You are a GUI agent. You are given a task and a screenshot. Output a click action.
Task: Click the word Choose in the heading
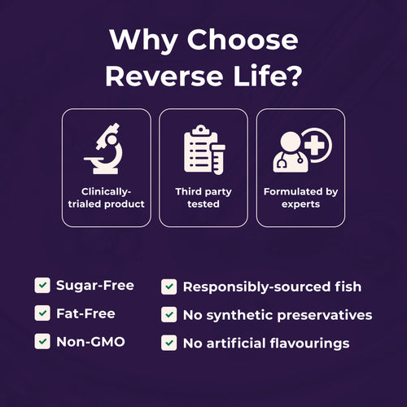243,40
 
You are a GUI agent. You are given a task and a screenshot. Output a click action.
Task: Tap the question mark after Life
294,75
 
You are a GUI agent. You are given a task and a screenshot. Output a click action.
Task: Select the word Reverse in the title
164,76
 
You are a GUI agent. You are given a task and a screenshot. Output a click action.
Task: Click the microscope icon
104,149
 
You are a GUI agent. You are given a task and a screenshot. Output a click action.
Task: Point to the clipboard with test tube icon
204,150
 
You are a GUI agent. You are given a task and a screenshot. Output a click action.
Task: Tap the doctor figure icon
291,152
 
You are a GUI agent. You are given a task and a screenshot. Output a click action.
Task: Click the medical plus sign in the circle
315,146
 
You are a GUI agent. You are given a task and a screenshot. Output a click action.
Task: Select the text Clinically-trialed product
106,198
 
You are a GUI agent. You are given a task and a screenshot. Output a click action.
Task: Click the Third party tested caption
203,198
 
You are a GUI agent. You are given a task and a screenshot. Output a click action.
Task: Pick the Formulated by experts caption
300,198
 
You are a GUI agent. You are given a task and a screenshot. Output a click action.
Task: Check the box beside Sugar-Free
42,286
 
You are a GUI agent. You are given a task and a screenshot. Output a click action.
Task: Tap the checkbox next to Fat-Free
42,313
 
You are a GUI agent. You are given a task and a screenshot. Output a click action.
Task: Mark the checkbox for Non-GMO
42,341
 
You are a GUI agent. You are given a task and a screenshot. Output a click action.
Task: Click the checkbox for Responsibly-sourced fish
168,287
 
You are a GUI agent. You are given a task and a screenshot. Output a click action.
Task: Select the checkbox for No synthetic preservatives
168,315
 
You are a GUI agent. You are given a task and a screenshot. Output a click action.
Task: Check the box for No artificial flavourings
168,343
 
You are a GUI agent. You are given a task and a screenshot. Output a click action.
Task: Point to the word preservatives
325,316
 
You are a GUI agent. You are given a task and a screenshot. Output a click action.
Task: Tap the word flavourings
309,344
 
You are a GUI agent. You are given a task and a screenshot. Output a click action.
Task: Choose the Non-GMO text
90,342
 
